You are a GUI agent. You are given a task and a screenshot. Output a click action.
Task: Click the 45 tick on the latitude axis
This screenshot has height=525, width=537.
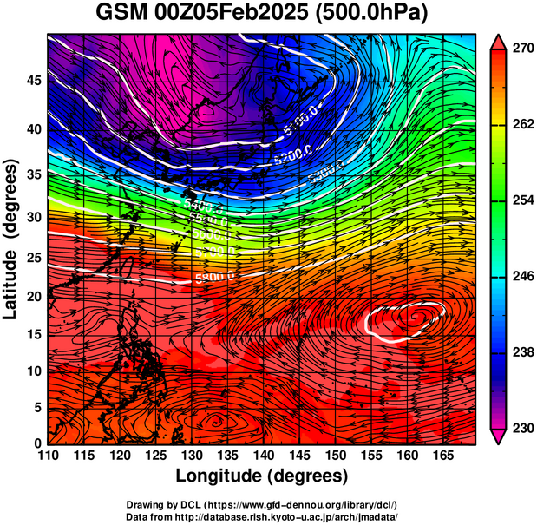coord(33,80)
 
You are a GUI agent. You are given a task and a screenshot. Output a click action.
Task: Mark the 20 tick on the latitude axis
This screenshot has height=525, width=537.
coord(33,297)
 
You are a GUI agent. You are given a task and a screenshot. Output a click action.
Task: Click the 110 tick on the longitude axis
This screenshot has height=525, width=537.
coord(49,456)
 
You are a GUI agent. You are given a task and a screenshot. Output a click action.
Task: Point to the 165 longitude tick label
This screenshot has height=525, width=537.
coord(441,456)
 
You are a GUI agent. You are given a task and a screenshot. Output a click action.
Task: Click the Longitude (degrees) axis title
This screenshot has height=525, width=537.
coord(262,476)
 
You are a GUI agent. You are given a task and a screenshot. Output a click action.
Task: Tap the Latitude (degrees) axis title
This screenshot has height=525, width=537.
coord(12,243)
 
